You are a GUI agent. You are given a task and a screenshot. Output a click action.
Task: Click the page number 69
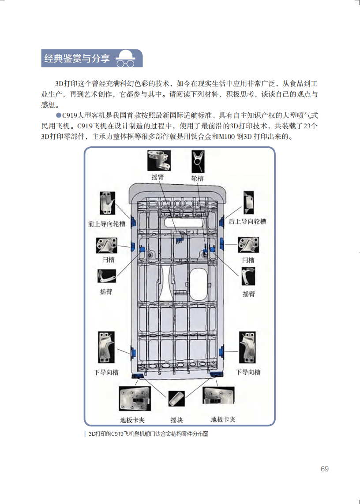point(324,469)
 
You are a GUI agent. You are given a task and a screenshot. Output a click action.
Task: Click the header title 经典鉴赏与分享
point(77,58)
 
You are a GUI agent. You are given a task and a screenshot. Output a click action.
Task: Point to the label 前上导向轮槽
point(106,224)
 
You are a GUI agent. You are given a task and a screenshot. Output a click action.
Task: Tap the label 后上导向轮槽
point(247,221)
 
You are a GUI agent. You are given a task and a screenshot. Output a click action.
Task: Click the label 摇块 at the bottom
point(177,419)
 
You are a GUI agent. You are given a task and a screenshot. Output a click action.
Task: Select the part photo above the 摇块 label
point(177,399)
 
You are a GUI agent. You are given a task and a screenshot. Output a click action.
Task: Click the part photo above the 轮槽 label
point(198,161)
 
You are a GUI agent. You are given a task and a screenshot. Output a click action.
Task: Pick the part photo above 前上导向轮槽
point(106,204)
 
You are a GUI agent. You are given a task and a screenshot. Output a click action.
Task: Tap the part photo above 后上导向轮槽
point(248,202)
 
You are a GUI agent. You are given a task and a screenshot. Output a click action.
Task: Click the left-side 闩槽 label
point(108,260)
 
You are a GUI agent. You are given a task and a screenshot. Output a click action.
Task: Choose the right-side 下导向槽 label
point(248,372)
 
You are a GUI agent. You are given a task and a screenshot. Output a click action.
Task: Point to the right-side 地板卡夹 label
point(223,419)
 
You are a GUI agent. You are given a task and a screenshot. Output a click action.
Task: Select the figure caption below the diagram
point(148,434)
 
